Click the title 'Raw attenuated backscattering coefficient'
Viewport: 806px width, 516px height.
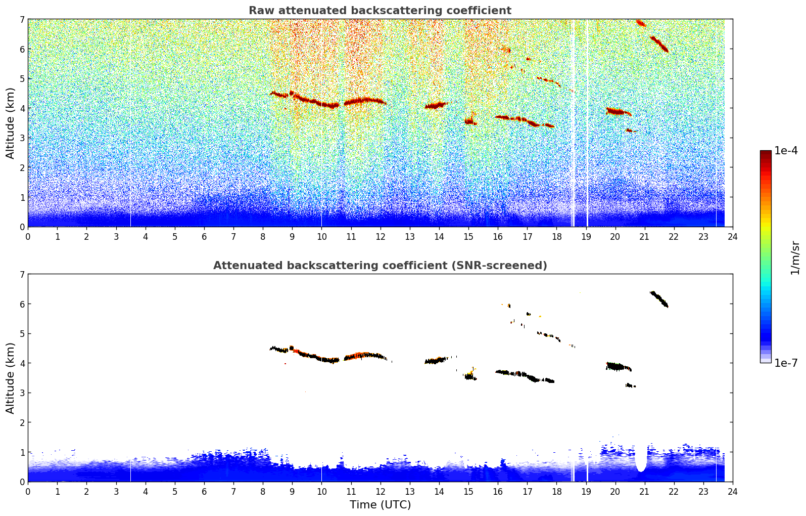pos(380,11)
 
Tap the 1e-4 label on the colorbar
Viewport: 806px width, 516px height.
pos(786,151)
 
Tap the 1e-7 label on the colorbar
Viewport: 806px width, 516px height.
pos(786,363)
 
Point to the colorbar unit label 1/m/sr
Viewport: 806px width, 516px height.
pos(795,257)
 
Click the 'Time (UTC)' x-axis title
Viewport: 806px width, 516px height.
pos(380,505)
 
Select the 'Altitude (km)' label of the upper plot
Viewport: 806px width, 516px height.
pos(11,123)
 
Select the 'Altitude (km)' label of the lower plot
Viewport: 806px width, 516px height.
pos(11,378)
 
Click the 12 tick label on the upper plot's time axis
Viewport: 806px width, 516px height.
pos(380,236)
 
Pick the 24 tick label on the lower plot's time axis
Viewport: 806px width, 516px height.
pos(732,491)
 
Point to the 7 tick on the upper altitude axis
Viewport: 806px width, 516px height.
pos(22,20)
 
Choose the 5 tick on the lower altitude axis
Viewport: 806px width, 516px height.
pos(22,334)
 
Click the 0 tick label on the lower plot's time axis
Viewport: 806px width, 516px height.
pos(28,491)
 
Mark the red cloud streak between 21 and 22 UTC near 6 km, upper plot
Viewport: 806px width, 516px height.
pos(659,44)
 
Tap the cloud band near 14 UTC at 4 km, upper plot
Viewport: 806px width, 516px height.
pos(436,106)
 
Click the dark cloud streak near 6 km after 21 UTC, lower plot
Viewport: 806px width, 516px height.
pos(659,299)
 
